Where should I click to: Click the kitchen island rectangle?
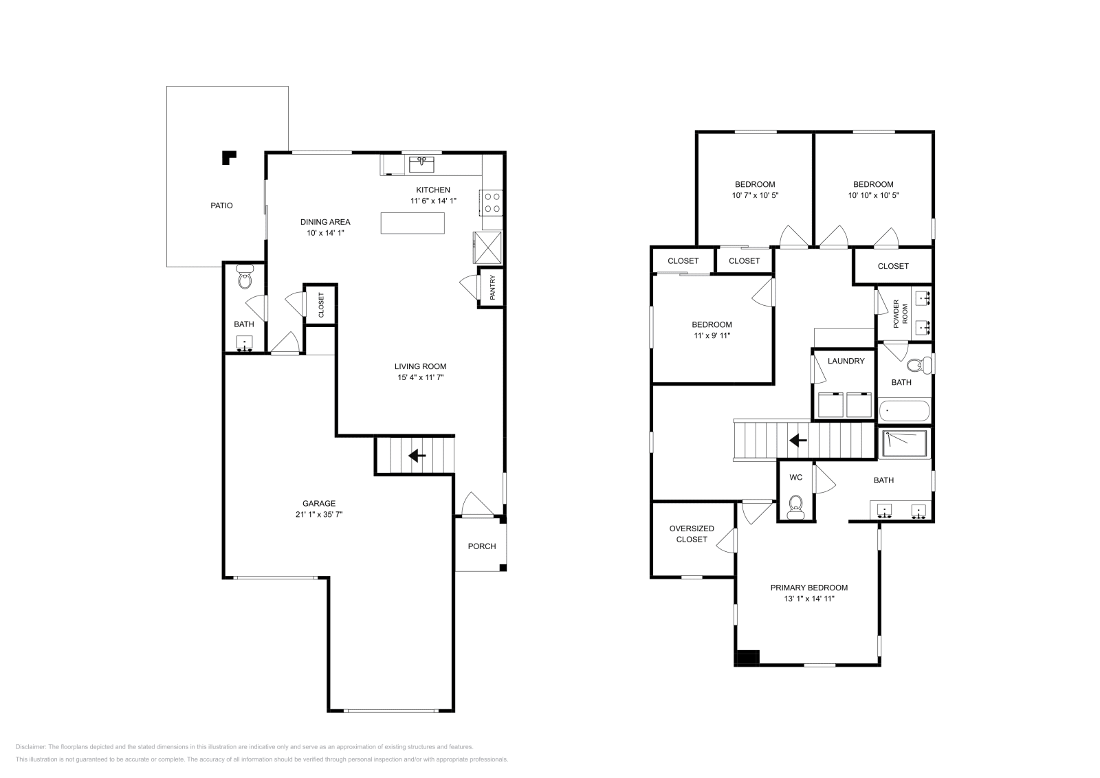tap(412, 223)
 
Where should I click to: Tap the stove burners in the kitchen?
tap(492, 202)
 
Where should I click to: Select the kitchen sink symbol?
tap(421, 164)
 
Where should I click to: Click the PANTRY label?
tap(492, 288)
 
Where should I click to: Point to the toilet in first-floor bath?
tap(244, 278)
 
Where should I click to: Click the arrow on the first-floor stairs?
tap(417, 455)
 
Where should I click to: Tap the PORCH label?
tap(481, 546)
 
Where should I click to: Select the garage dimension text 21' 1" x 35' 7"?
tap(319, 514)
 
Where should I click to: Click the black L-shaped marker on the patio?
tap(228, 157)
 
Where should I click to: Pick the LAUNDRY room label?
tap(846, 361)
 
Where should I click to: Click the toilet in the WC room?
tap(795, 506)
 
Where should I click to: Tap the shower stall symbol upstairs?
tap(904, 443)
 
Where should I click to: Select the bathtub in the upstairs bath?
tap(903, 411)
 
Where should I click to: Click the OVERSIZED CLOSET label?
tap(692, 534)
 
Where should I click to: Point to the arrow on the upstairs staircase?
tap(797, 441)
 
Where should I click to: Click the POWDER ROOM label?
tap(900, 313)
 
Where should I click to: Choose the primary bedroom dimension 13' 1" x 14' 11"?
tap(808, 599)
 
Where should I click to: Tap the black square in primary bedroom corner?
tap(746, 658)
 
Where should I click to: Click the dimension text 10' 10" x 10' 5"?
tap(873, 195)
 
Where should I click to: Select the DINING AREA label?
tap(325, 222)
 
